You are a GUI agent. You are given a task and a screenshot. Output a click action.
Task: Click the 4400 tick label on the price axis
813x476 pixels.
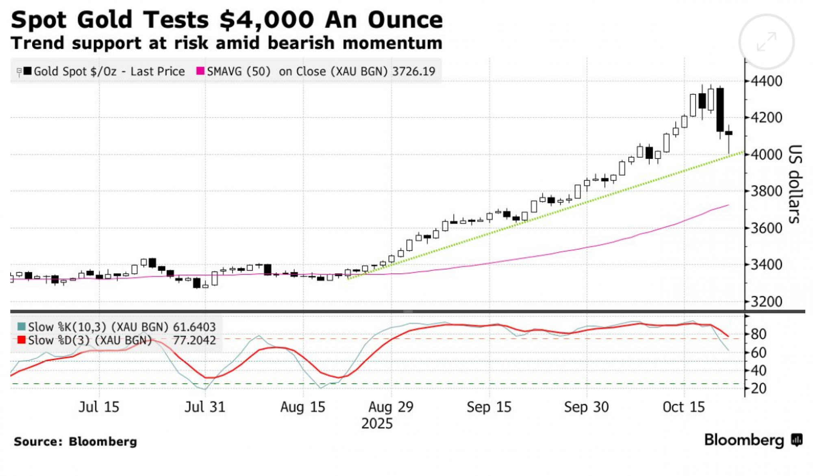coord(766,81)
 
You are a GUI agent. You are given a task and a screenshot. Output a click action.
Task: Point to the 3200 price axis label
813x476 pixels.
coord(766,302)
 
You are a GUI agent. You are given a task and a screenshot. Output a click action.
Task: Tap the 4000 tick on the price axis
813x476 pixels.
coord(766,154)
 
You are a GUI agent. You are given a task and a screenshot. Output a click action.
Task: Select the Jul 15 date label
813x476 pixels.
coord(99,407)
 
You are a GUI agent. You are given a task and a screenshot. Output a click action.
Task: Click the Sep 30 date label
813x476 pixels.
coord(586,407)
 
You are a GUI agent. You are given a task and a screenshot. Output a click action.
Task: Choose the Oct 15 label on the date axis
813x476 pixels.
coord(684,407)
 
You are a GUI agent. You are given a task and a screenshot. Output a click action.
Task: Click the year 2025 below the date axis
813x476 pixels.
coord(377,424)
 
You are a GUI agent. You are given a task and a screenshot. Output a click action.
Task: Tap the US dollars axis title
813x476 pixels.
coord(795,184)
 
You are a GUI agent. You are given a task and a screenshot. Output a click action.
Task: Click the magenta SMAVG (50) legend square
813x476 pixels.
coord(200,71)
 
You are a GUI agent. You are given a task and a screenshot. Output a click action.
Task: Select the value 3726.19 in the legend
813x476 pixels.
coord(413,72)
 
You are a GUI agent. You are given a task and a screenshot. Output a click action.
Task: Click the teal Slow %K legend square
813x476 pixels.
coord(22,326)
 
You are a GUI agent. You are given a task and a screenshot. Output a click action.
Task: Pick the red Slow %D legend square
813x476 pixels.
coord(22,340)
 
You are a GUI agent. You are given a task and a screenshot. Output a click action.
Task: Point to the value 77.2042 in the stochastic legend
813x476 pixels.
coord(194,340)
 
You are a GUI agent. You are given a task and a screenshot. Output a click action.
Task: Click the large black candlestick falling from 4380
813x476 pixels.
coord(720,109)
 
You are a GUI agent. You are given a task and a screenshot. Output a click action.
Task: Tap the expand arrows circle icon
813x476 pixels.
coord(766,42)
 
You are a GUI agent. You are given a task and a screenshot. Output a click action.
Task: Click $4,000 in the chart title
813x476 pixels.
coord(267,20)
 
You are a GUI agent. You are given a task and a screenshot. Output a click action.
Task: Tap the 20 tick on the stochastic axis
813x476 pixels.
coord(759,388)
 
